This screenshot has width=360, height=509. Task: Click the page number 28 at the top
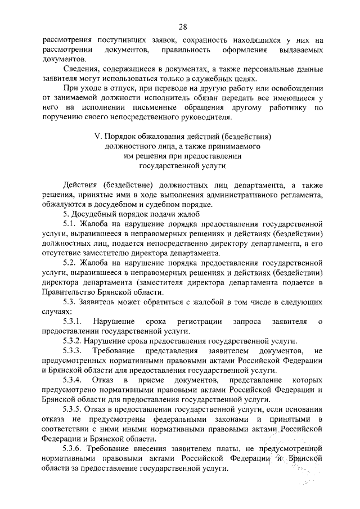point(182,26)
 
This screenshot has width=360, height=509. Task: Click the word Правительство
point(65,292)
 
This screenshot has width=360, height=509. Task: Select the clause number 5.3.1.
point(74,321)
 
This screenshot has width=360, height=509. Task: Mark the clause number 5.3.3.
point(74,351)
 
